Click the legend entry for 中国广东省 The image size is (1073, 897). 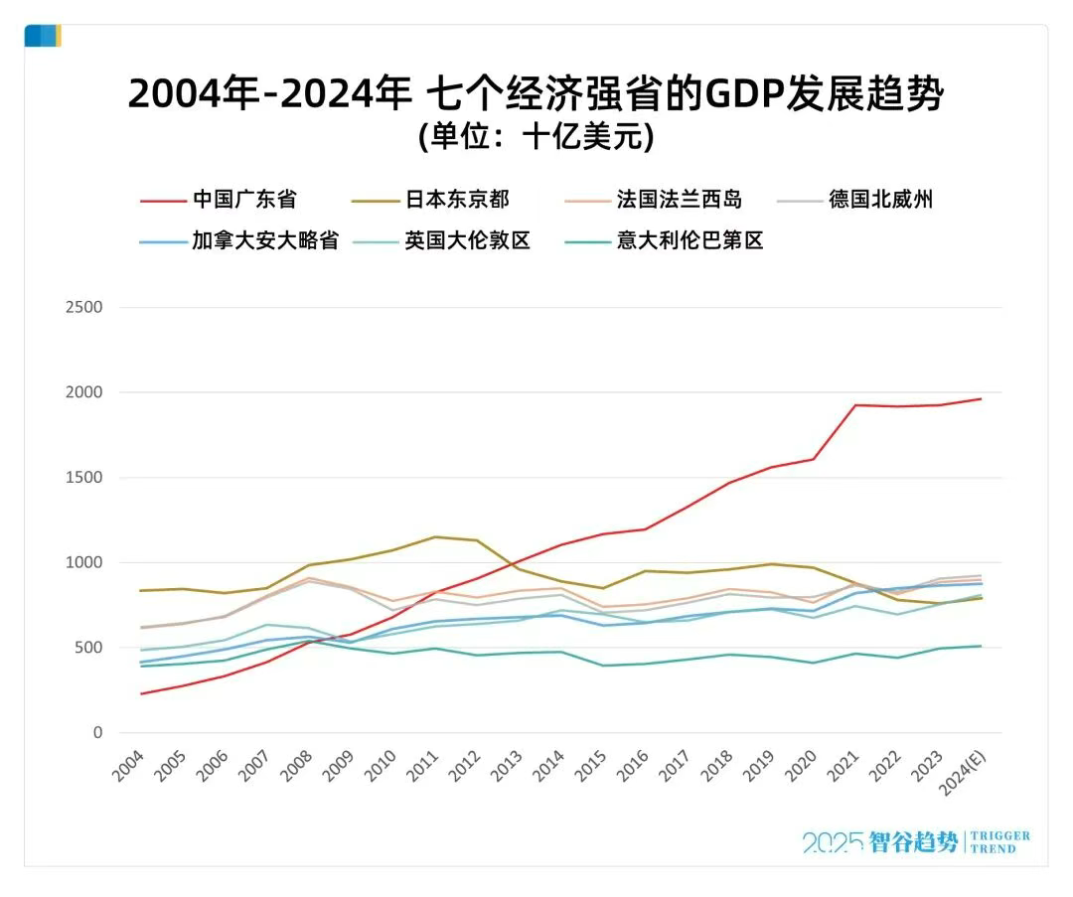click(244, 200)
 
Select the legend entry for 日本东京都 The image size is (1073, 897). click(457, 200)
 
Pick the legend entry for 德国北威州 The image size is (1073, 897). click(881, 200)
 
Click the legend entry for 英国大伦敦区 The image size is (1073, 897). click(467, 240)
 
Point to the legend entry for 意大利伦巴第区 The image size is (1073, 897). click(690, 240)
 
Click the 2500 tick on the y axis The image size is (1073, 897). click(83, 308)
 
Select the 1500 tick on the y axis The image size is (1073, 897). click(83, 478)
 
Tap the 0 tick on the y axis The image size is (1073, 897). click(97, 733)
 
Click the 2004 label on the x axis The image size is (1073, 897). click(130, 768)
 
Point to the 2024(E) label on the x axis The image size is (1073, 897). click(963, 774)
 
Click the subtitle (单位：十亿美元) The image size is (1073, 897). click(536, 136)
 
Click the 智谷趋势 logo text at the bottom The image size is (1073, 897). click(913, 842)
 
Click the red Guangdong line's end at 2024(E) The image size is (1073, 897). click(982, 399)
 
